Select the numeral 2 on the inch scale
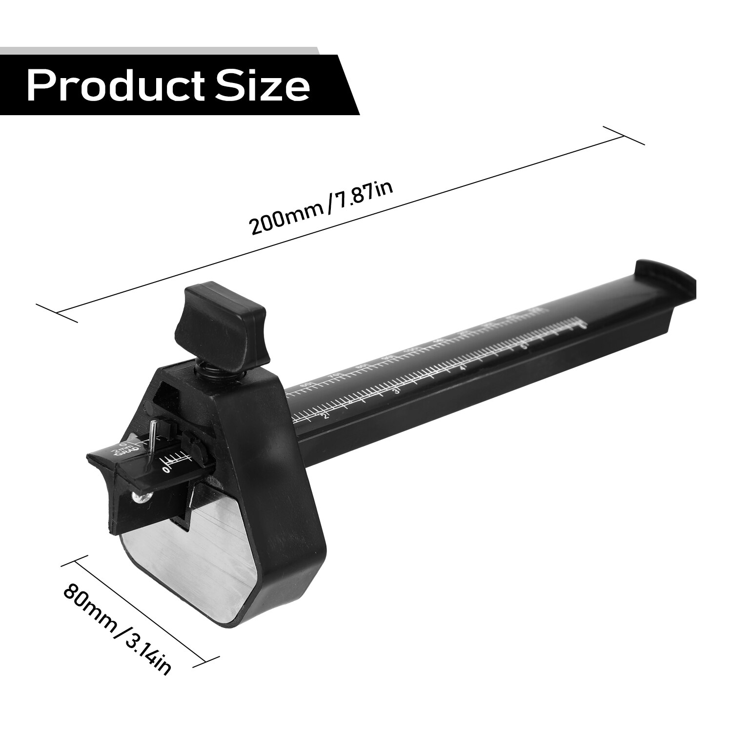(326, 416)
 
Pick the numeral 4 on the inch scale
(463, 367)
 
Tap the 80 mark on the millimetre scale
(362, 366)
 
